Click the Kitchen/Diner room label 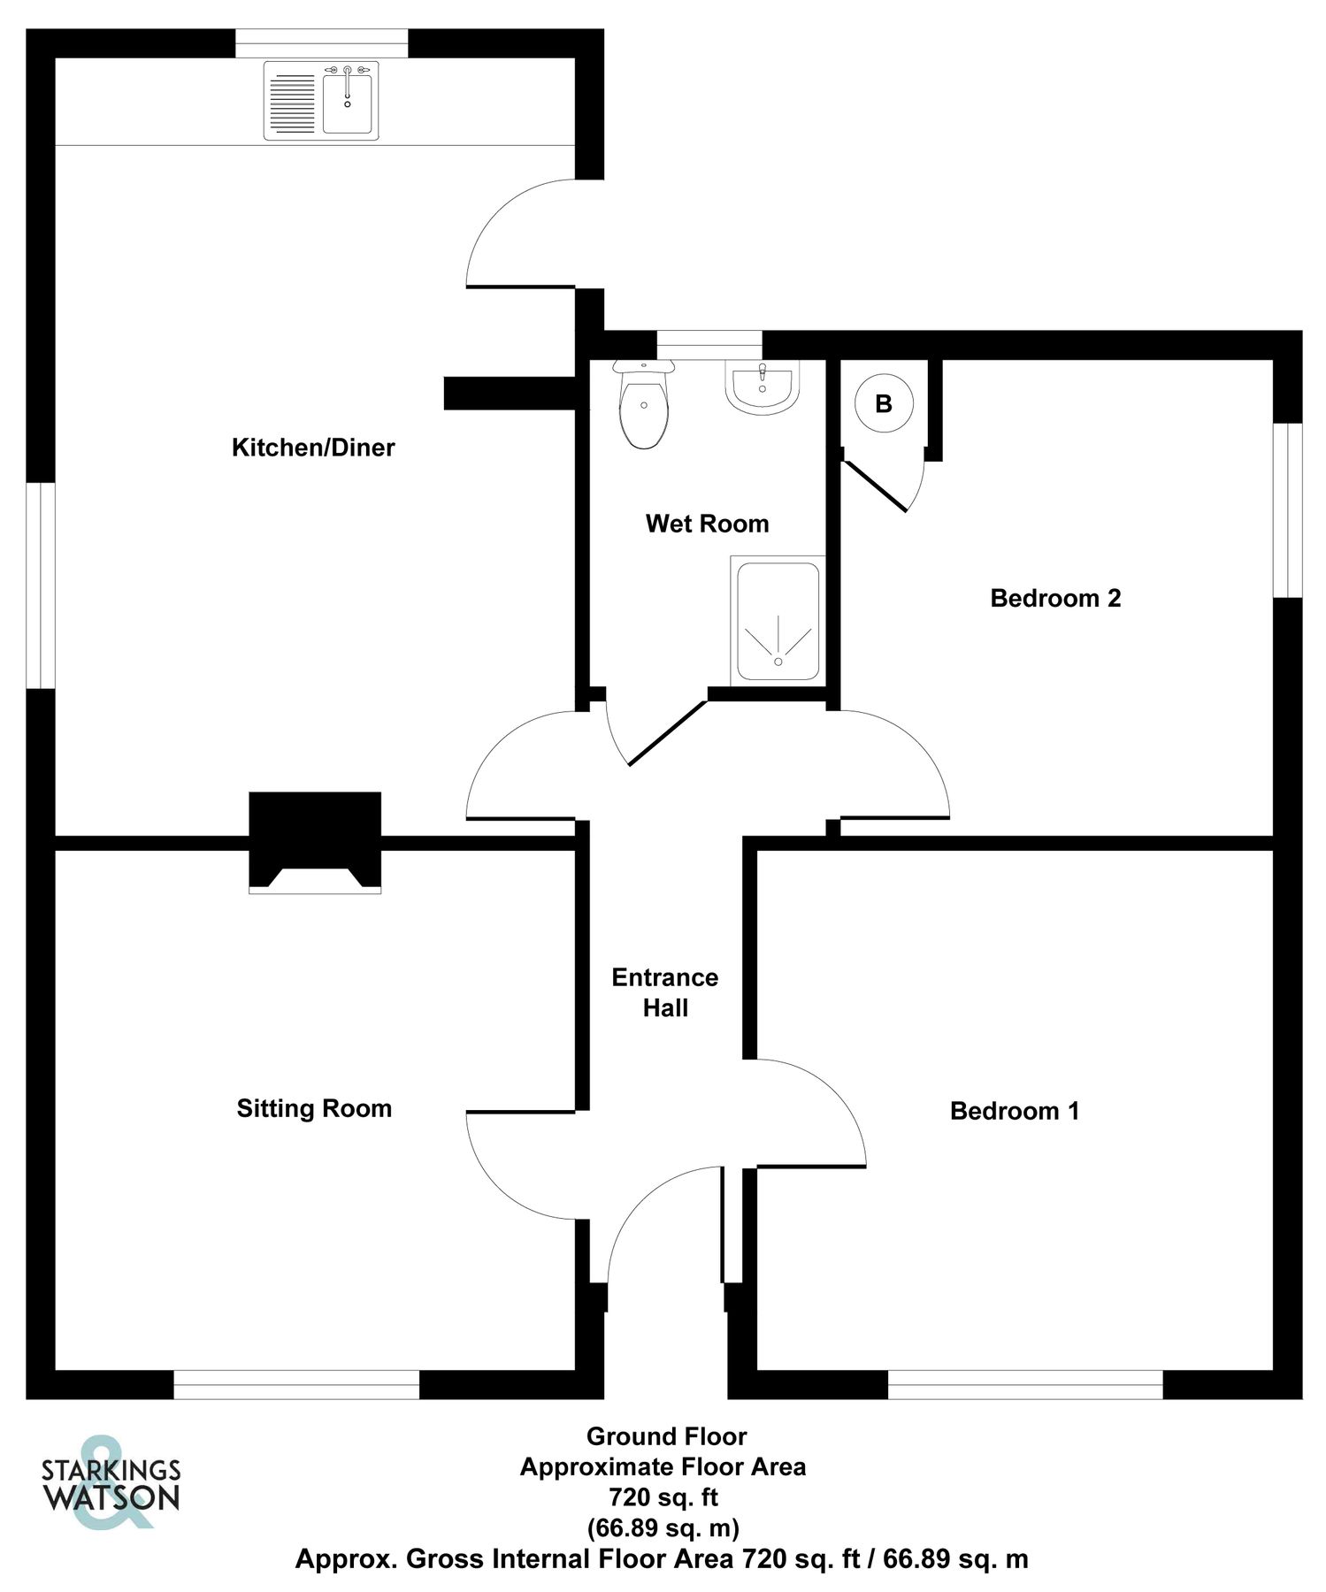(313, 448)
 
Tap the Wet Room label (707, 524)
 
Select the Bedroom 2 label (1055, 599)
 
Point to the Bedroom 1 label (1015, 1111)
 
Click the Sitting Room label (314, 1108)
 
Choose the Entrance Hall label (665, 992)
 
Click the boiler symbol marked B (883, 404)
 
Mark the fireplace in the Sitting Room (315, 840)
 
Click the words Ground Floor (666, 1436)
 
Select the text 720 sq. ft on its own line (663, 1497)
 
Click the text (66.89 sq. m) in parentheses (663, 1527)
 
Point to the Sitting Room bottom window (296, 1384)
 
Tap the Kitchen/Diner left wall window (41, 585)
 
